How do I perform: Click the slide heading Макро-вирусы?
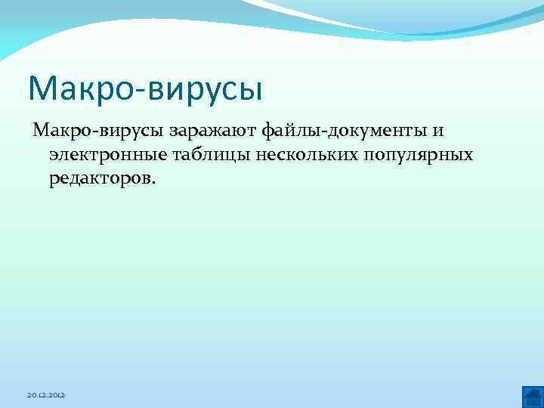coord(145,89)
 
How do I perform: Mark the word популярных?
coord(417,156)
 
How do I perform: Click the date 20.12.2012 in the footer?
coord(46,395)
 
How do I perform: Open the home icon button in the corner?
coord(532,396)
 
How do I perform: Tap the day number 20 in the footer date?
coord(31,395)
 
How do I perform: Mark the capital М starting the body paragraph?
coord(40,131)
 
